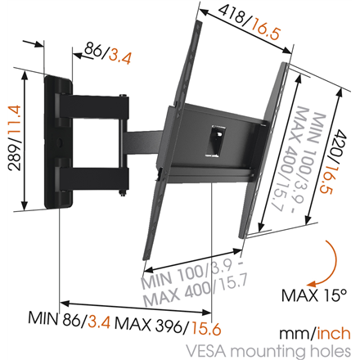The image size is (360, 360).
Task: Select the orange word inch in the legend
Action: pyautogui.click(x=335, y=331)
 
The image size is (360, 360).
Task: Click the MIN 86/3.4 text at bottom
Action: pyautogui.click(x=64, y=316)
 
